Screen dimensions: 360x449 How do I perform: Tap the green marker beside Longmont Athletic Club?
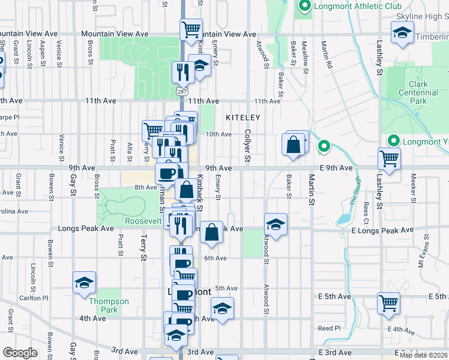click(304, 7)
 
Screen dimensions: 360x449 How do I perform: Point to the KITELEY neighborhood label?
click(243, 118)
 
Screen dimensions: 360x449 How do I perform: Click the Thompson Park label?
click(109, 305)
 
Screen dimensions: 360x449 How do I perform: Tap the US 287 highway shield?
click(182, 91)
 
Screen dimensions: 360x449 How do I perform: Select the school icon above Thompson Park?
click(84, 282)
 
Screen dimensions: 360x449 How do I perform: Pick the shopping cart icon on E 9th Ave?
click(389, 159)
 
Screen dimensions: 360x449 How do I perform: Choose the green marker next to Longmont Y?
click(394, 141)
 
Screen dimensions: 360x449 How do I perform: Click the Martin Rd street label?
click(327, 59)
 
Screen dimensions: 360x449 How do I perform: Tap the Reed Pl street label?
click(329, 328)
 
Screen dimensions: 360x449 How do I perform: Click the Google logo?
click(20, 352)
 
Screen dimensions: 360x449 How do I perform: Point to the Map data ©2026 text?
click(423, 355)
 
